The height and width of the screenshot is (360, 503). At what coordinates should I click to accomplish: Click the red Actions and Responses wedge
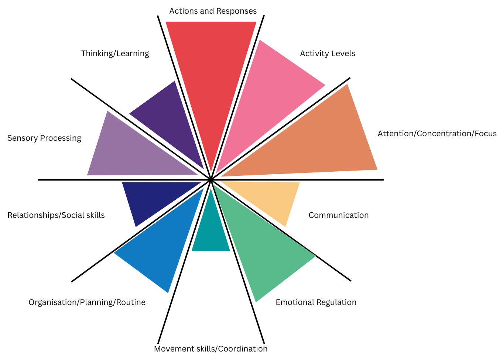tap(211, 74)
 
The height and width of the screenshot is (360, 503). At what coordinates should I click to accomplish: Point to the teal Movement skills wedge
tap(211, 233)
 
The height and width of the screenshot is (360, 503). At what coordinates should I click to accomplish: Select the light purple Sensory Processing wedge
tap(126, 151)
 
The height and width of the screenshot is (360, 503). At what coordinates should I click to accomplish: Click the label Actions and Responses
tap(213, 11)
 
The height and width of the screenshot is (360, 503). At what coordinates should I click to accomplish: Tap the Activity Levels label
tap(328, 54)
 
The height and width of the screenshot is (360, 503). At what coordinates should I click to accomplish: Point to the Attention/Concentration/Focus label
tap(437, 134)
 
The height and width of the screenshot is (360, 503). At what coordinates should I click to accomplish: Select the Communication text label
tap(339, 215)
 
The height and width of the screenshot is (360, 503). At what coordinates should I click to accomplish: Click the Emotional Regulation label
tap(316, 302)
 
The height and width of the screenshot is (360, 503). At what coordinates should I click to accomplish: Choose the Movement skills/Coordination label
tap(211, 349)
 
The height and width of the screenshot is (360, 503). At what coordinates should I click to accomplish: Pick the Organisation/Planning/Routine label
tap(87, 302)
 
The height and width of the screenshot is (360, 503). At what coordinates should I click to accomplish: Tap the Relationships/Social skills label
tap(56, 215)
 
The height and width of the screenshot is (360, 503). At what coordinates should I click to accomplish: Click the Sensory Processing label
tap(44, 138)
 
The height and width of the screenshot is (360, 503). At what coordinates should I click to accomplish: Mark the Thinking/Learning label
tap(115, 54)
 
